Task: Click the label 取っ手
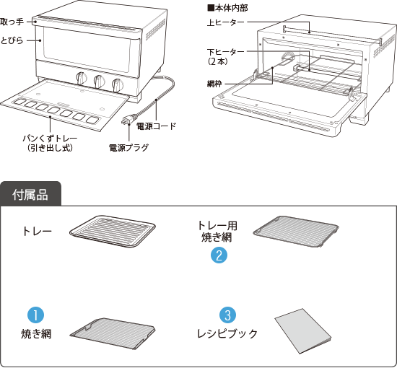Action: (x=12, y=22)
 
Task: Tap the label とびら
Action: (x=12, y=40)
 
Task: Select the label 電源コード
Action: (x=156, y=126)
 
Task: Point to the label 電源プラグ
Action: (x=128, y=147)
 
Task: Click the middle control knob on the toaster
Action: (x=100, y=81)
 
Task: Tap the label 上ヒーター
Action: (x=226, y=22)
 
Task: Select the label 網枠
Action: (x=214, y=84)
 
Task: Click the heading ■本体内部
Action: (x=227, y=8)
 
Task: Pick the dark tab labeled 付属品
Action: (x=30, y=194)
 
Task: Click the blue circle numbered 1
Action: (x=35, y=315)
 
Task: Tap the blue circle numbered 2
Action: (x=219, y=255)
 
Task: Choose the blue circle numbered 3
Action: (x=228, y=315)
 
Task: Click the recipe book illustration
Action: (x=303, y=331)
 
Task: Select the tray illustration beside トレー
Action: (x=113, y=231)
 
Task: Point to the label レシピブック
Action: (x=227, y=334)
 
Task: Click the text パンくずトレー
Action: (x=50, y=139)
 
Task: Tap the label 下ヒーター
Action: (x=226, y=52)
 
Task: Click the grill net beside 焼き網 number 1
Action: (x=113, y=333)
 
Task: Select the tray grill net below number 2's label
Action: (x=296, y=232)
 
